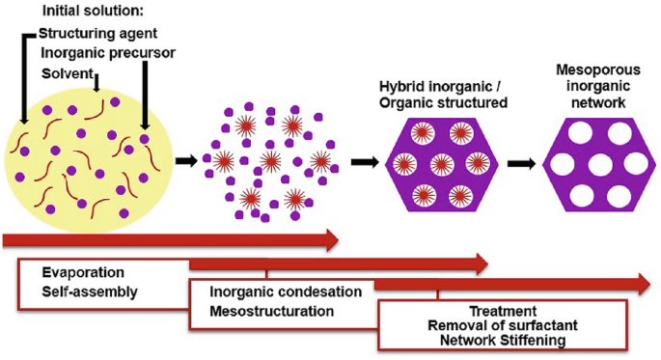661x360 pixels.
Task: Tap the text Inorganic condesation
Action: pyautogui.click(x=286, y=292)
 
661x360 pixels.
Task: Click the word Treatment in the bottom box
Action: pyautogui.click(x=503, y=312)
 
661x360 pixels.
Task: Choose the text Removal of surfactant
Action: pyautogui.click(x=502, y=326)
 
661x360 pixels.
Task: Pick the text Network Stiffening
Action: pyautogui.click(x=502, y=341)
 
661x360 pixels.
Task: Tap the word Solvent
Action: pyautogui.click(x=68, y=73)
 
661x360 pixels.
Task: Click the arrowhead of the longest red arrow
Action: pyautogui.click(x=640, y=284)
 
